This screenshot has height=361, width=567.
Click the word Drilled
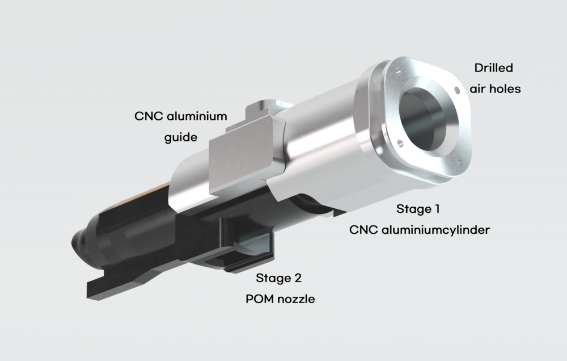coord(494,68)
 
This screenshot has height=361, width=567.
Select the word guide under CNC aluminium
coord(181,137)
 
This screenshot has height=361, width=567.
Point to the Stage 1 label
coord(418,208)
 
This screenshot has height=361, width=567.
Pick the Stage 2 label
coord(278,278)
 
